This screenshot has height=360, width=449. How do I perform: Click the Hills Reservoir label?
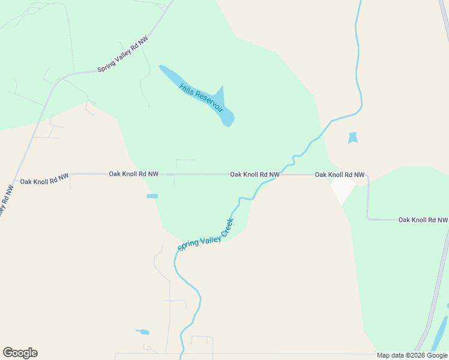pyautogui.click(x=201, y=98)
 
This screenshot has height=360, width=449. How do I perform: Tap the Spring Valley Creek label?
pyautogui.click(x=205, y=235)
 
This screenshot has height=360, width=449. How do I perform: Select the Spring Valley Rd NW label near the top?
pyautogui.click(x=122, y=55)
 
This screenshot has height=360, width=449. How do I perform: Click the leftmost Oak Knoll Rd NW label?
pyautogui.click(x=44, y=181)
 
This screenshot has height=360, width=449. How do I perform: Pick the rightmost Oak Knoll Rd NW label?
pyautogui.click(x=423, y=220)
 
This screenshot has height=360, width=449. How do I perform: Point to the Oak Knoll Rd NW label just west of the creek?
pyautogui.click(x=255, y=175)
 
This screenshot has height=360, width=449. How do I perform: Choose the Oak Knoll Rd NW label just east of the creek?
pyautogui.click(x=340, y=175)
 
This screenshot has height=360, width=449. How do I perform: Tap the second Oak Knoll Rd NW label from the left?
pyautogui.click(x=133, y=174)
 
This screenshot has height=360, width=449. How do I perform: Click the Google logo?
pyautogui.click(x=20, y=353)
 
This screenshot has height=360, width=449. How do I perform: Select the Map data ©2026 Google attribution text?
pyautogui.click(x=412, y=355)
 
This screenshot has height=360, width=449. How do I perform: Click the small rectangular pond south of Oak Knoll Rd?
pyautogui.click(x=152, y=196)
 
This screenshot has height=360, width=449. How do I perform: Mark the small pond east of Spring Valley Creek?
pyautogui.click(x=352, y=138)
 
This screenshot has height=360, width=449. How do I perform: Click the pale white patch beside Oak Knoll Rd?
pyautogui.click(x=343, y=190)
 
